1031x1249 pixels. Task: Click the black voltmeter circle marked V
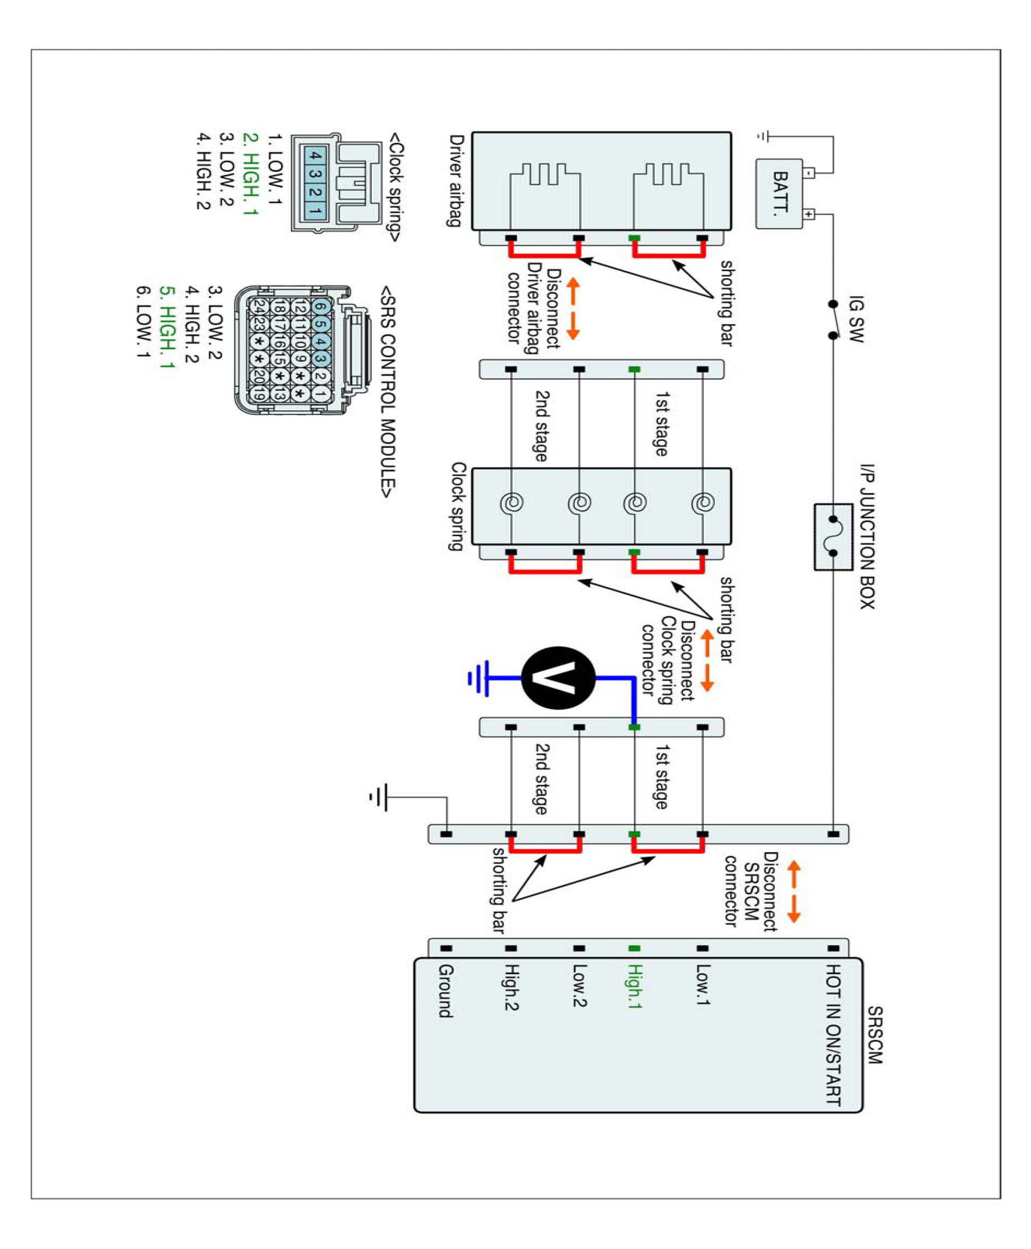click(x=558, y=677)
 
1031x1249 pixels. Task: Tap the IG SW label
click(x=856, y=319)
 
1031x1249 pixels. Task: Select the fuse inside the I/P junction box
click(x=833, y=536)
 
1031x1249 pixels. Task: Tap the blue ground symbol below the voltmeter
click(x=479, y=677)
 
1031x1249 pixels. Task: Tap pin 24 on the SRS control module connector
click(x=258, y=307)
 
